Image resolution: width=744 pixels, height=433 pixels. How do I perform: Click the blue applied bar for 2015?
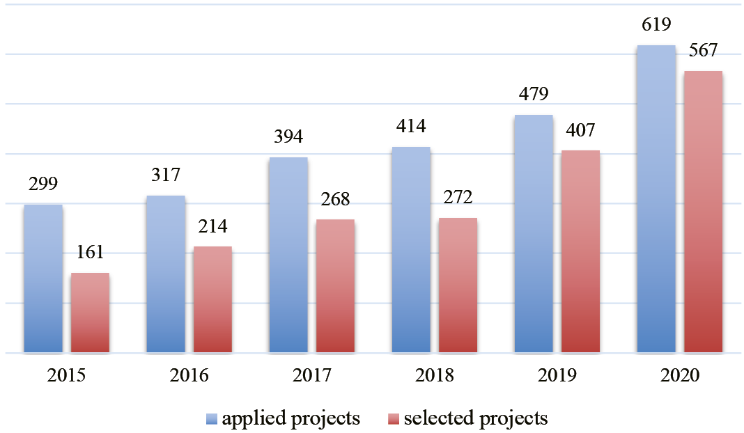[x=43, y=278]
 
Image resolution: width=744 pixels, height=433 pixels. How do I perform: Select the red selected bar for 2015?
[x=91, y=313]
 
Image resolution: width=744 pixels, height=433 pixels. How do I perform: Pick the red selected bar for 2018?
[x=458, y=285]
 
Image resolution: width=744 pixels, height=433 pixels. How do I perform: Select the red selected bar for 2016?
[x=212, y=299]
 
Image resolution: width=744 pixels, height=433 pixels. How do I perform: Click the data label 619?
[x=656, y=26]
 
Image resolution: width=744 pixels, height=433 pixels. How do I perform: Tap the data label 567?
[x=703, y=51]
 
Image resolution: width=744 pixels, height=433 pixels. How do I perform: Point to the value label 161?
[x=91, y=253]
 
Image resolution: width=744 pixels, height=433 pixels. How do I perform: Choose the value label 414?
[x=411, y=127]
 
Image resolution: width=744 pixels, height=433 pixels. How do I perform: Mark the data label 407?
[x=581, y=130]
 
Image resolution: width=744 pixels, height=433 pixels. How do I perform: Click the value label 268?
[x=335, y=200]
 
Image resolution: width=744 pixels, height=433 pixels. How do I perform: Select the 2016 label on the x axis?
[x=189, y=376]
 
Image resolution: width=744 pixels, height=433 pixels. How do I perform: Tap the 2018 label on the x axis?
[x=434, y=376]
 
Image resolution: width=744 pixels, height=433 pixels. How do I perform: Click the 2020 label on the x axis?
[x=679, y=376]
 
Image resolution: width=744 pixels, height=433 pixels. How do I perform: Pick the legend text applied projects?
[x=290, y=418]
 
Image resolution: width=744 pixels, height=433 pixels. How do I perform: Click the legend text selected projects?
[x=476, y=418]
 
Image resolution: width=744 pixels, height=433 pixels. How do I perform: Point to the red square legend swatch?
[x=394, y=419]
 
